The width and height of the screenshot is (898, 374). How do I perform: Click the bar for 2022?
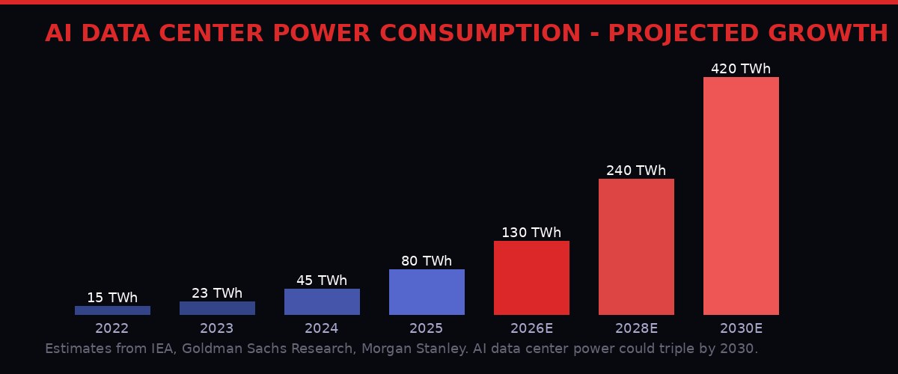tap(112, 310)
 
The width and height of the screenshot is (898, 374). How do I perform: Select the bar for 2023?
tap(217, 308)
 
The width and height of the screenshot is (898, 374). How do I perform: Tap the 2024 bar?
tap(322, 301)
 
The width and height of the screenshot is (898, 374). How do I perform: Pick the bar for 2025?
tap(427, 292)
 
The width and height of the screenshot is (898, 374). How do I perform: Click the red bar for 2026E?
tap(531, 278)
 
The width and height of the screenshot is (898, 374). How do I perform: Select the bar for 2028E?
tap(636, 247)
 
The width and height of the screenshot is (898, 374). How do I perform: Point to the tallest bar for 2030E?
tap(741, 196)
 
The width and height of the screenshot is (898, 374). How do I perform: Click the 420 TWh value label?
tap(741, 69)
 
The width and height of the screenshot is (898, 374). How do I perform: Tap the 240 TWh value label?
tap(636, 171)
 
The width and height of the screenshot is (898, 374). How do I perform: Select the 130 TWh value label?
tap(531, 233)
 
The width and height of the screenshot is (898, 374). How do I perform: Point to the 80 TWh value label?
tap(427, 261)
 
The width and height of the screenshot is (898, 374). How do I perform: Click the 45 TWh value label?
tap(322, 280)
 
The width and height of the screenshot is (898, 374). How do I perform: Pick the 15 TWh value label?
tap(112, 298)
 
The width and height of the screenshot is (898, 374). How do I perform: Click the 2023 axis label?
tap(217, 328)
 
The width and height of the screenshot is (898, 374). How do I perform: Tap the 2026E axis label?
tap(531, 328)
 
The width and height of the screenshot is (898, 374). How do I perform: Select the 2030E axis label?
tap(741, 328)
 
